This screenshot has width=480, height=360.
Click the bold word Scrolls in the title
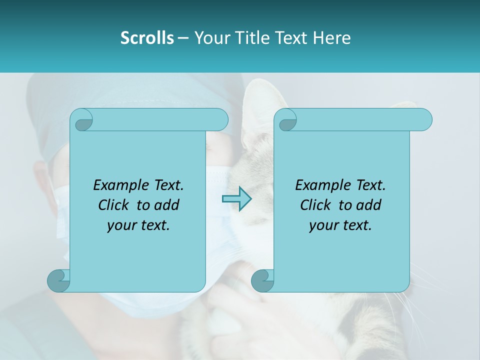coord(147,38)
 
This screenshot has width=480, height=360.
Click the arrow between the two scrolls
coord(236,198)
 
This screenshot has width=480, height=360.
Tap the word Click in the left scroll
coord(114,205)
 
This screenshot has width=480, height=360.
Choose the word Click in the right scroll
coord(316,205)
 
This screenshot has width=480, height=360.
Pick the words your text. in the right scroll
coord(340,225)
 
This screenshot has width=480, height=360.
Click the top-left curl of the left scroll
coord(82,120)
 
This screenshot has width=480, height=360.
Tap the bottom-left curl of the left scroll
coord(59,280)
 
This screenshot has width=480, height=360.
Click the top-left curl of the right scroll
coord(286,120)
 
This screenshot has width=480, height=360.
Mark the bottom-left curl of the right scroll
coord(262,280)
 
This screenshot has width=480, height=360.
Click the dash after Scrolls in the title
coord(183,38)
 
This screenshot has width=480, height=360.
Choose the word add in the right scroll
coord(369,205)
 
